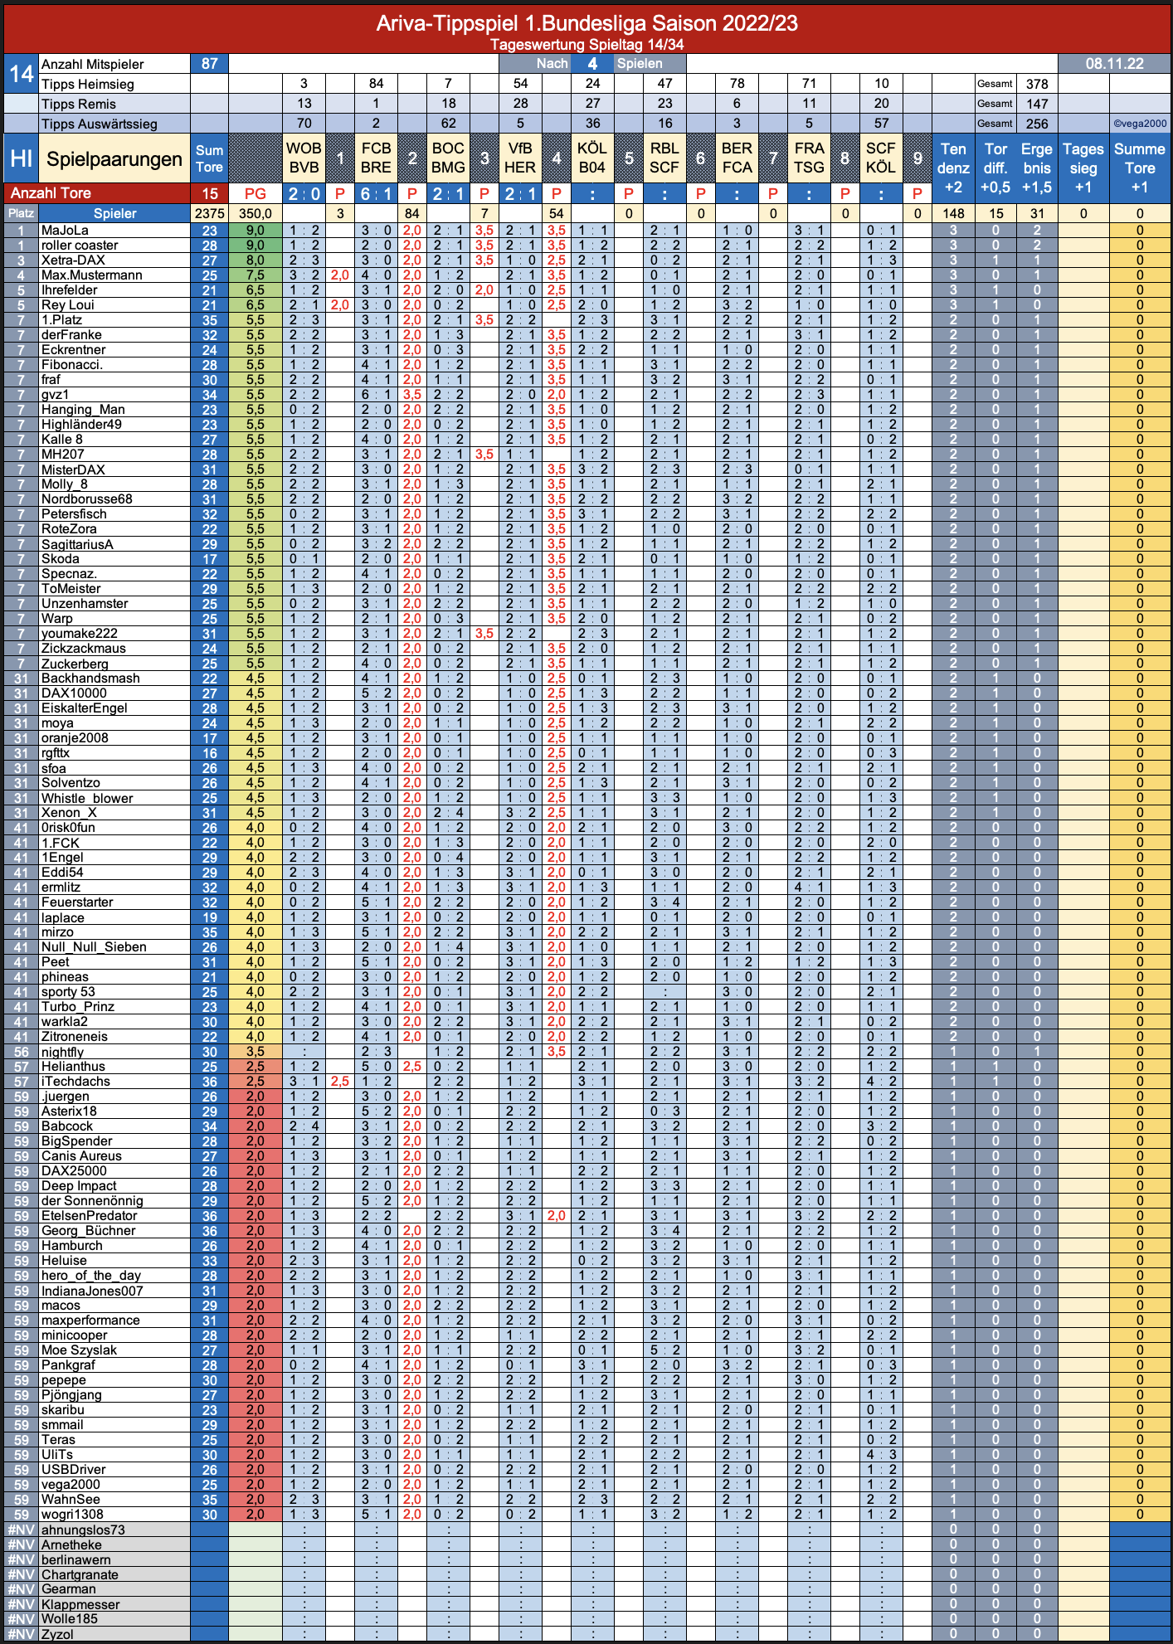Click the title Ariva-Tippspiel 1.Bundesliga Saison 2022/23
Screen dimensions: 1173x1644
pos(586,23)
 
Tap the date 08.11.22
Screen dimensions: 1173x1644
pos(1114,64)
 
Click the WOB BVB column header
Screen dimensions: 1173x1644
pos(304,158)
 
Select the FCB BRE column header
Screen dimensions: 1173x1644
pos(376,158)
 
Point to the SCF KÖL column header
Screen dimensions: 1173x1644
pos(881,158)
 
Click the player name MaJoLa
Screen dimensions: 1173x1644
pos(65,231)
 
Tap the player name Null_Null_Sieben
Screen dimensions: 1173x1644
pos(94,947)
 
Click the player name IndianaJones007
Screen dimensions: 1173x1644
pos(92,1291)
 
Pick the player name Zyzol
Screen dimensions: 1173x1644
pos(57,1634)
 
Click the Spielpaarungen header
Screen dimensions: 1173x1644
pos(114,159)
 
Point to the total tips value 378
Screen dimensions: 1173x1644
pos(1037,84)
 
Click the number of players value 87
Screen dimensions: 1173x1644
pos(209,64)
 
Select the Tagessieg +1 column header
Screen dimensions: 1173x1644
pos(1083,168)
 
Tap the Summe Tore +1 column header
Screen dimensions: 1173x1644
pos(1140,168)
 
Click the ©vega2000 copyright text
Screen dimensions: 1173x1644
pos(1140,124)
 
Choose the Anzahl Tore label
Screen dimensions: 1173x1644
pos(51,193)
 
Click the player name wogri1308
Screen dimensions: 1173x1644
pos(73,1515)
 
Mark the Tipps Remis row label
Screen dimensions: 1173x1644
pos(79,104)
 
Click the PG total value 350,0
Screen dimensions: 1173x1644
pos(256,214)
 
